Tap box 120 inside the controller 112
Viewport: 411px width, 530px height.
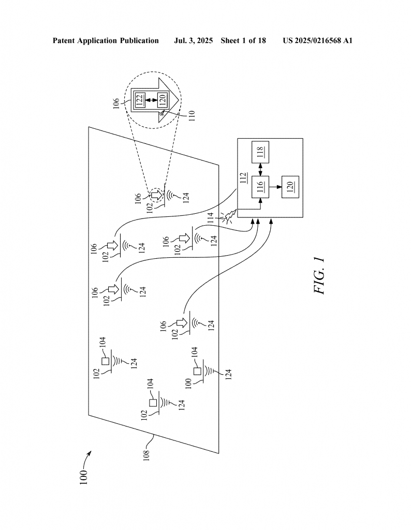(x=290, y=187)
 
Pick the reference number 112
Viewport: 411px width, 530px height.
(x=243, y=178)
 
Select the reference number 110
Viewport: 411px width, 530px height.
(x=192, y=116)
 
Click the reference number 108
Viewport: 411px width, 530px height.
(x=146, y=454)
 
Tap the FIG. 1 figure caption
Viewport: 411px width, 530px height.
(x=319, y=275)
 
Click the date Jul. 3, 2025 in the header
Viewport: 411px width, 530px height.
(x=193, y=41)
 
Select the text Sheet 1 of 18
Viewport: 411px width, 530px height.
(x=243, y=41)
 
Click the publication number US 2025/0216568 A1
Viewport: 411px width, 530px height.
(x=318, y=41)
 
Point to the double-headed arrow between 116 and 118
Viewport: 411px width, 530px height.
(x=260, y=170)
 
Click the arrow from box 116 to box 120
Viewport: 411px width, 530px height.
(x=275, y=187)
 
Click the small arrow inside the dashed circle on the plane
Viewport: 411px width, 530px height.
(x=156, y=195)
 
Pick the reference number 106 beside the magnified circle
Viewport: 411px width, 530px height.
(x=116, y=104)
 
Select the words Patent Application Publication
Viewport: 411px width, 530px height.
(x=106, y=41)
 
